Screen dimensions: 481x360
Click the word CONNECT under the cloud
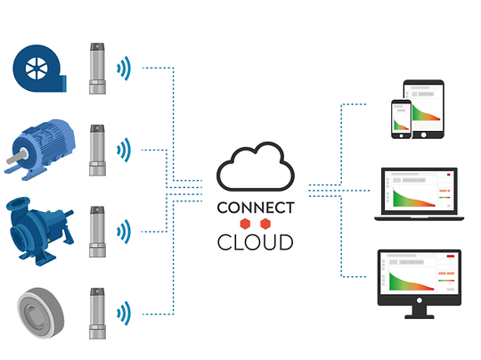coord(256,208)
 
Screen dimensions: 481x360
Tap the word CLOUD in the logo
coord(256,242)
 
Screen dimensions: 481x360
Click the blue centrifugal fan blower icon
coord(39,68)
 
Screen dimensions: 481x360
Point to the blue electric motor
coord(40,150)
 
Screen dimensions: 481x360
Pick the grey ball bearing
coord(40,313)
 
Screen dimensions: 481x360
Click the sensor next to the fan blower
coord(98,68)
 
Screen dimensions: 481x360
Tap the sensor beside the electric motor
coord(98,150)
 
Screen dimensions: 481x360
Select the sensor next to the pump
coord(98,232)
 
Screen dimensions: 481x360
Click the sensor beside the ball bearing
coord(98,314)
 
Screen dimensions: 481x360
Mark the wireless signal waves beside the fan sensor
coord(124,68)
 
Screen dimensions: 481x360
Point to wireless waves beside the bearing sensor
coord(124,313)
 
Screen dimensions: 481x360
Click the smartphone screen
coord(401,118)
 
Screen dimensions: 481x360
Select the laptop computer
coord(419,194)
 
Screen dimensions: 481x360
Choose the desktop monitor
coord(420,284)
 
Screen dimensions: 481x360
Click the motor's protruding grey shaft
coord(15,157)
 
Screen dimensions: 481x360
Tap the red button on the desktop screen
coord(451,256)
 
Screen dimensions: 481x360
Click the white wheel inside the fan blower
coord(37,68)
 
